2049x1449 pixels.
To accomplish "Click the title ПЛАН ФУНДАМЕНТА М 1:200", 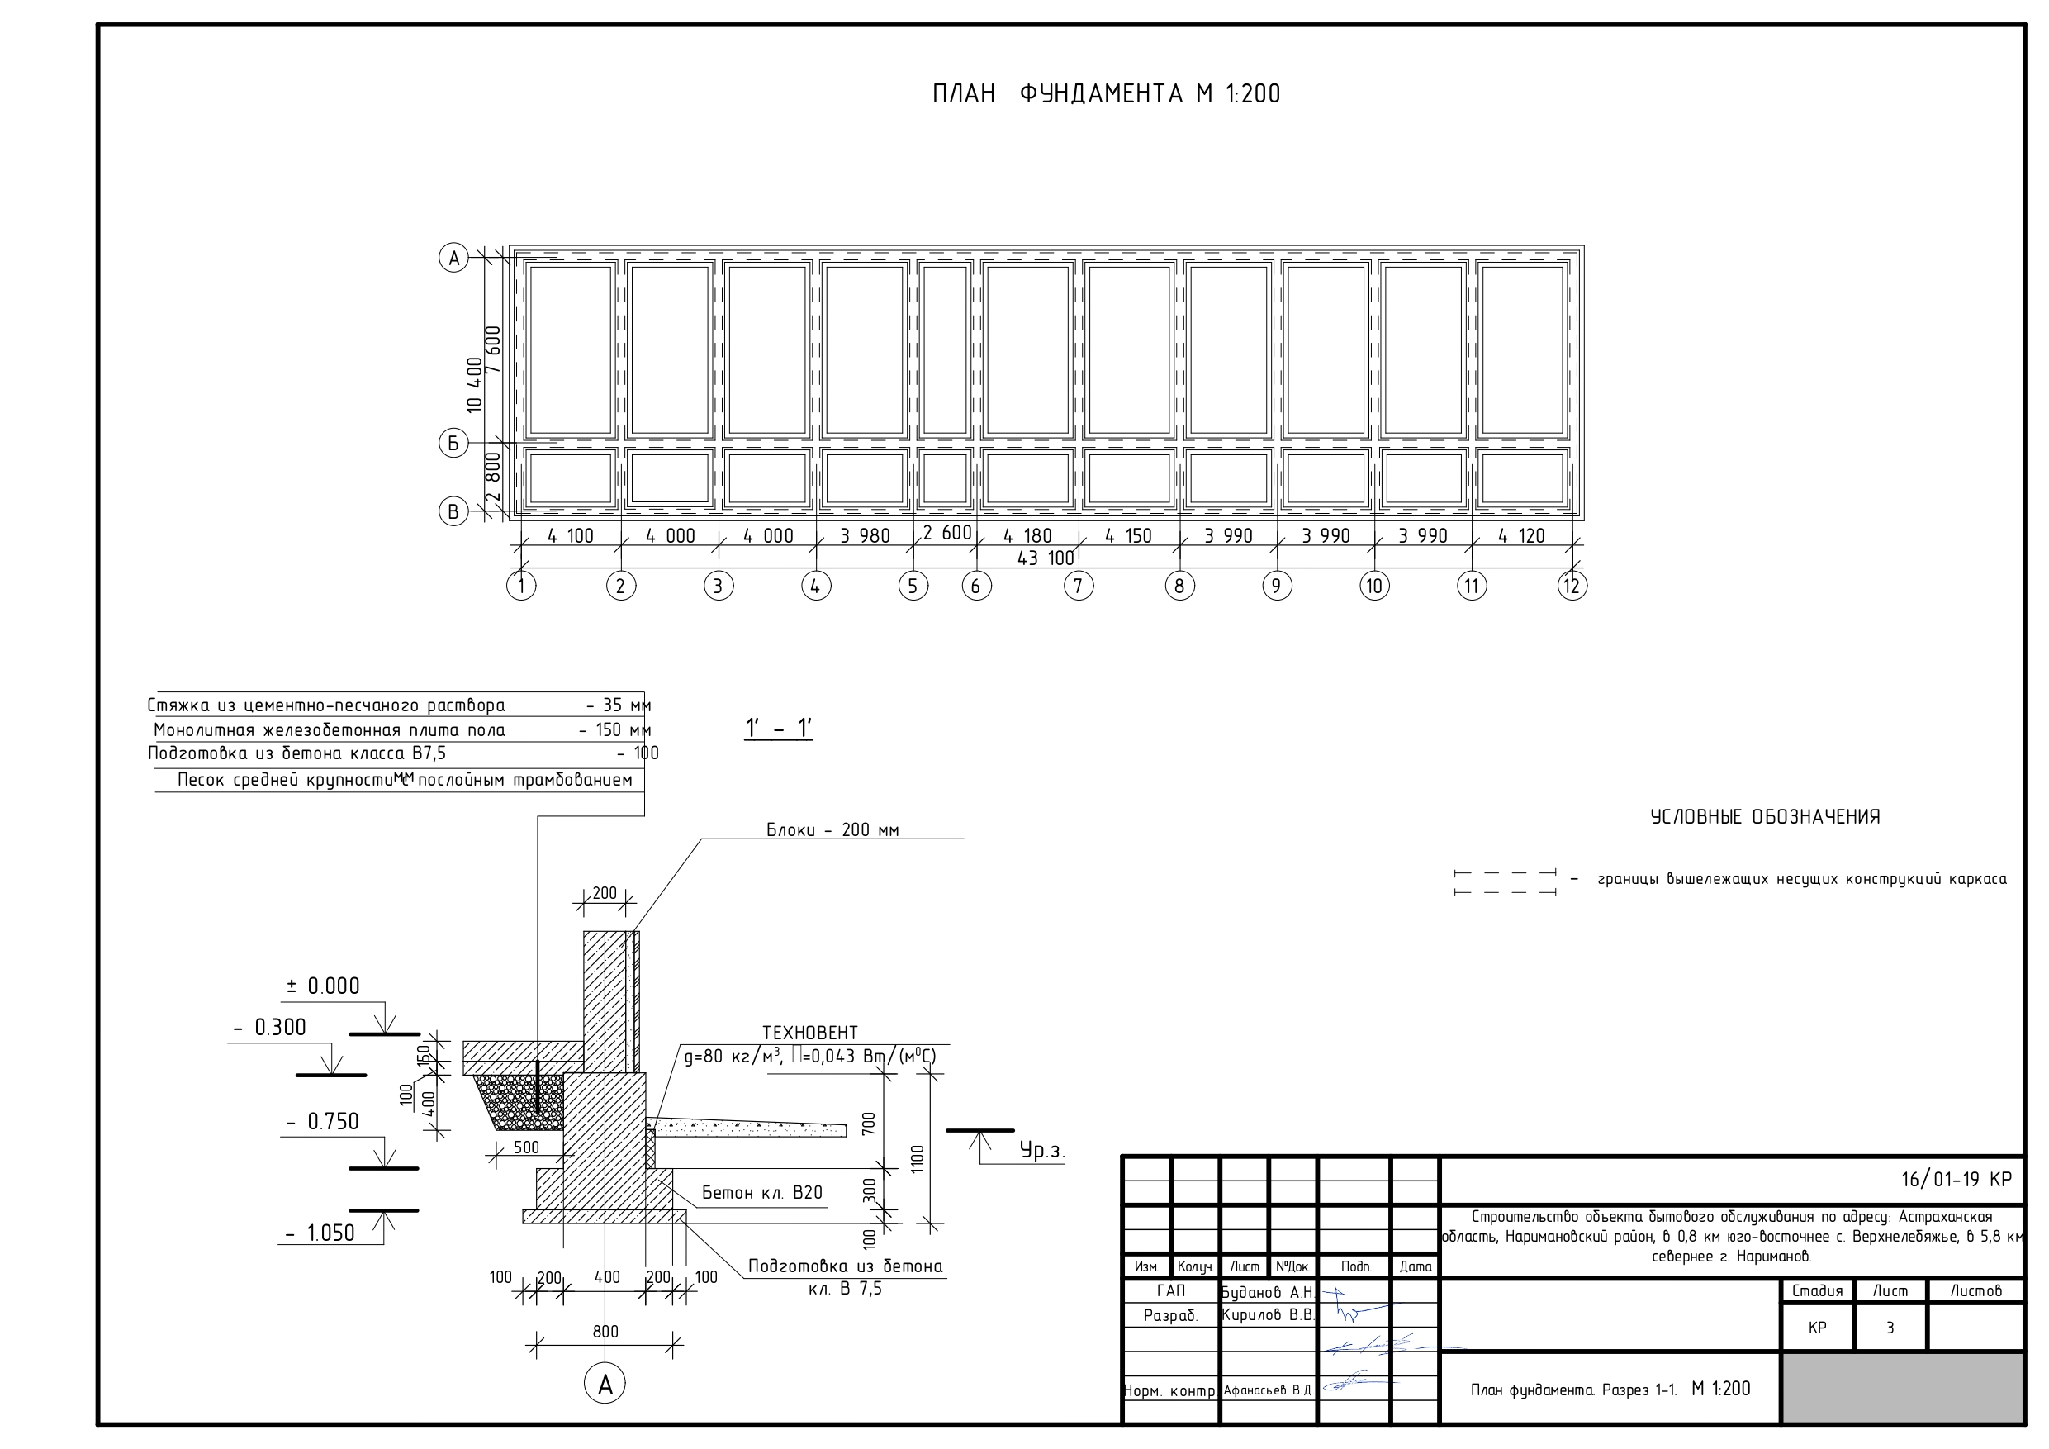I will pyautogui.click(x=1106, y=93).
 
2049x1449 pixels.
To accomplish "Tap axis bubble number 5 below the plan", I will pyautogui.click(x=912, y=587).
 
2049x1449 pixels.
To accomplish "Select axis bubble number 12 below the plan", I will pyautogui.click(x=1572, y=587).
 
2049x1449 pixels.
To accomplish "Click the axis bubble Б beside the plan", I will pyautogui.click(x=453, y=443).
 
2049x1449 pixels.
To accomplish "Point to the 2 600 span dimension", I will pyautogui.click(x=946, y=533).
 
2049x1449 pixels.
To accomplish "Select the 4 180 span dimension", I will pyautogui.click(x=1027, y=535).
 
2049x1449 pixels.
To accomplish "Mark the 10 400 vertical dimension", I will pyautogui.click(x=475, y=384).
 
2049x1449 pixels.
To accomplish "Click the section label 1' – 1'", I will pyautogui.click(x=779, y=729).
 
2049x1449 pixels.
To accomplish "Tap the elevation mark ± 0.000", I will pyautogui.click(x=323, y=986).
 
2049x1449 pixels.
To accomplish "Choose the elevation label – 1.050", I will pyautogui.click(x=320, y=1233).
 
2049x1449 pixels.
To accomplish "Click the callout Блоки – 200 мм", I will pyautogui.click(x=832, y=829).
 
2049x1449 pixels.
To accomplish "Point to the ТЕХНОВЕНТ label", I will pyautogui.click(x=809, y=1033).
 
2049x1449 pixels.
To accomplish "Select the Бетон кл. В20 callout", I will pyautogui.click(x=761, y=1193).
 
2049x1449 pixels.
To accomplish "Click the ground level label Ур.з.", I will pyautogui.click(x=1041, y=1151).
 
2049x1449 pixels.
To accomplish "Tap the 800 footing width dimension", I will pyautogui.click(x=605, y=1331).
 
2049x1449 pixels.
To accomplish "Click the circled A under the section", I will pyautogui.click(x=605, y=1385).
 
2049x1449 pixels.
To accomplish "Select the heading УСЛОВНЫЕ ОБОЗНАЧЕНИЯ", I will pyautogui.click(x=1765, y=817).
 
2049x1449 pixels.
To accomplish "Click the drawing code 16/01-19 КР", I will pyautogui.click(x=1957, y=1180).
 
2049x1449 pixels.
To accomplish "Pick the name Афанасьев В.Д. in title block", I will pyautogui.click(x=1266, y=1390).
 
